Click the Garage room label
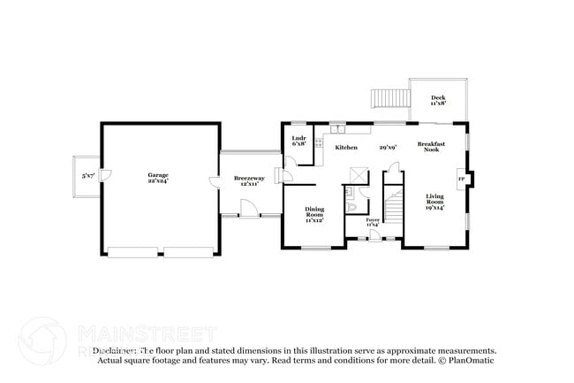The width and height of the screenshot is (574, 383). click(x=158, y=178)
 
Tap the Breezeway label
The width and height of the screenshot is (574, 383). click(x=246, y=180)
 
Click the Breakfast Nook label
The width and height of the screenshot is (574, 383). click(x=430, y=147)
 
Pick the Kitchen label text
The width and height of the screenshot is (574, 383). click(x=345, y=147)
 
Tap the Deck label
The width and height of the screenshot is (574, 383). click(x=438, y=100)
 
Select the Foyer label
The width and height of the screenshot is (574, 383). click(x=373, y=222)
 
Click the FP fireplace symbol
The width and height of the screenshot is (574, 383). click(x=461, y=180)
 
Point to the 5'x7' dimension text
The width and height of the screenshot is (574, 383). click(x=87, y=176)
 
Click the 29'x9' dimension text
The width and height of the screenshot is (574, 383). click(x=388, y=147)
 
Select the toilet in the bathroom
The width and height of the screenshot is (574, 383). click(x=351, y=206)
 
